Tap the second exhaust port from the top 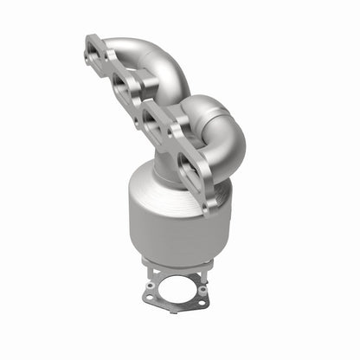[122, 84]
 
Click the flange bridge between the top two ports [108, 69]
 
